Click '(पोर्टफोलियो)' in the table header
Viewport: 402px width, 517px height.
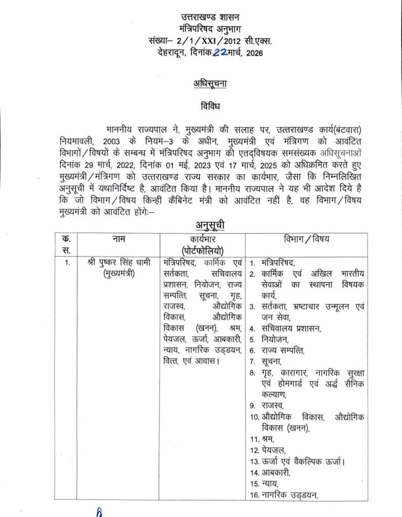tap(203, 250)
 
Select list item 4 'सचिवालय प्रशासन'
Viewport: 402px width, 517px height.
tap(292, 329)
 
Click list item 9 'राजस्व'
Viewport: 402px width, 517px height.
tap(273, 405)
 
